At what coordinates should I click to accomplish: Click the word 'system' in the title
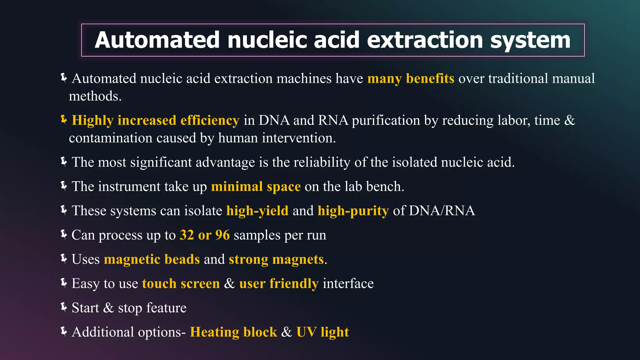click(x=530, y=41)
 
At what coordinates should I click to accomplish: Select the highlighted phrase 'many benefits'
click(x=411, y=78)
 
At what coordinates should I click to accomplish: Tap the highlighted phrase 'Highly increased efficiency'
click(x=155, y=121)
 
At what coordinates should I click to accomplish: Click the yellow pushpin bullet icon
click(x=64, y=120)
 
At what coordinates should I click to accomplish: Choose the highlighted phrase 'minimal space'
click(x=256, y=187)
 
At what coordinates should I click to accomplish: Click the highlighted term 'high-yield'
click(x=257, y=211)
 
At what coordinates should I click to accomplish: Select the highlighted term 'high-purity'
click(x=353, y=211)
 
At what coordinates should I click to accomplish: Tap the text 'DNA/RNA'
click(x=442, y=211)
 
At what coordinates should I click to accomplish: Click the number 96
click(x=222, y=235)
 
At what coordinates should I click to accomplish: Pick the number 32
click(x=187, y=235)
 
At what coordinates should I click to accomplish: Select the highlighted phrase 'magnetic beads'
click(x=152, y=259)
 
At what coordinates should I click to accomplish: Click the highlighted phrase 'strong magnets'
click(x=276, y=259)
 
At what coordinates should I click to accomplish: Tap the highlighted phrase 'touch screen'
click(x=181, y=283)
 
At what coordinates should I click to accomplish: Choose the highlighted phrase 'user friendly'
click(x=279, y=283)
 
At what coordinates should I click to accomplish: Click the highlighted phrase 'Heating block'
click(x=233, y=332)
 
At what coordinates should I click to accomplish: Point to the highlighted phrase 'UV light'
click(x=322, y=332)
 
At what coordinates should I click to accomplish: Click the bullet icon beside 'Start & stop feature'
click(x=64, y=307)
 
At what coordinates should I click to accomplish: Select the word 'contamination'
click(x=111, y=138)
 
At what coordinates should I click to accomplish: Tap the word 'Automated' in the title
click(x=157, y=41)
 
